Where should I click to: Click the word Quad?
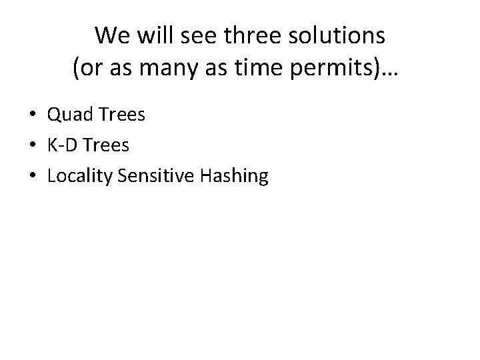pyautogui.click(x=69, y=115)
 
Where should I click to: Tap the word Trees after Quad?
pyautogui.click(x=120, y=115)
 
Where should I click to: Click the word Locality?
pyautogui.click(x=78, y=177)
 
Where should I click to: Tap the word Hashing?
pyautogui.click(x=231, y=177)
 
